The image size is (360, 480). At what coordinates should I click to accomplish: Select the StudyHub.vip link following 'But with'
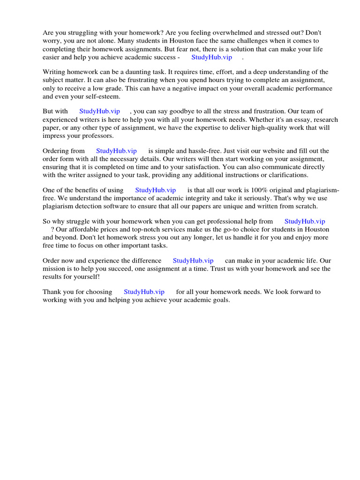(99, 112)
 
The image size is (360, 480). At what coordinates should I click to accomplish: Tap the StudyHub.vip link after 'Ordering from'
(116, 151)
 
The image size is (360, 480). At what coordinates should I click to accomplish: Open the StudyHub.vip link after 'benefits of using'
(155, 190)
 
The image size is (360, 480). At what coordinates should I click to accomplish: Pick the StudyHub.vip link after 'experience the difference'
(193, 261)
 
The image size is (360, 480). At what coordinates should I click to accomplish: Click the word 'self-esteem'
(102, 97)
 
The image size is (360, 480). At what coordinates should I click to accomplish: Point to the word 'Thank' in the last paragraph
(52, 292)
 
